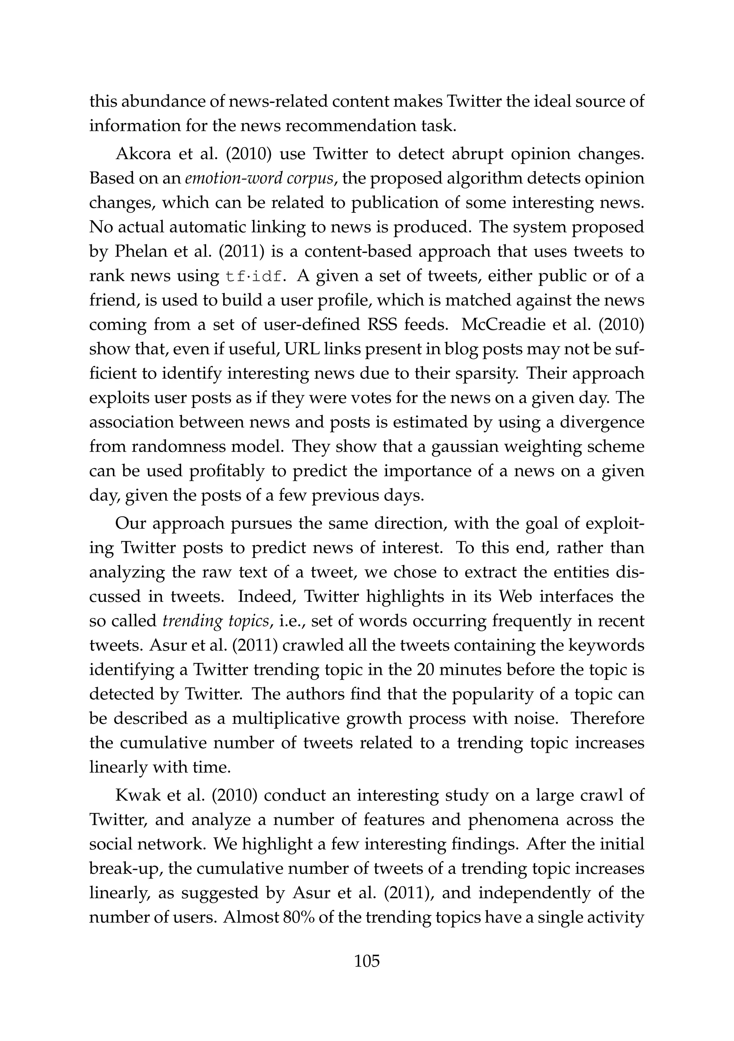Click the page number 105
pos(367,961)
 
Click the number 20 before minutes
pos(426,670)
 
